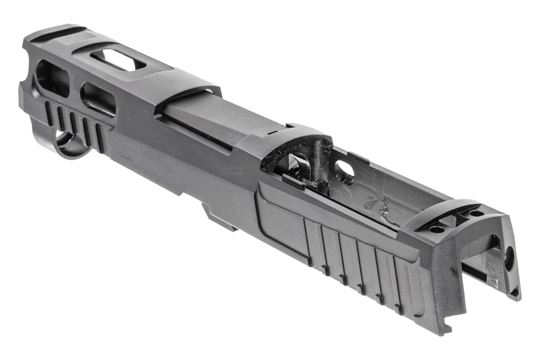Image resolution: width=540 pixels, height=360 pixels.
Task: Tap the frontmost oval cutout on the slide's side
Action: [x=52, y=77]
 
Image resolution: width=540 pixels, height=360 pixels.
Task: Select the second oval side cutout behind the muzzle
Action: [x=97, y=98]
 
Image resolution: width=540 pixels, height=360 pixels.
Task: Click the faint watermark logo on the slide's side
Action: [x=231, y=171]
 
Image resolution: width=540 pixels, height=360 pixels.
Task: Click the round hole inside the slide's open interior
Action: [x=344, y=171]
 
